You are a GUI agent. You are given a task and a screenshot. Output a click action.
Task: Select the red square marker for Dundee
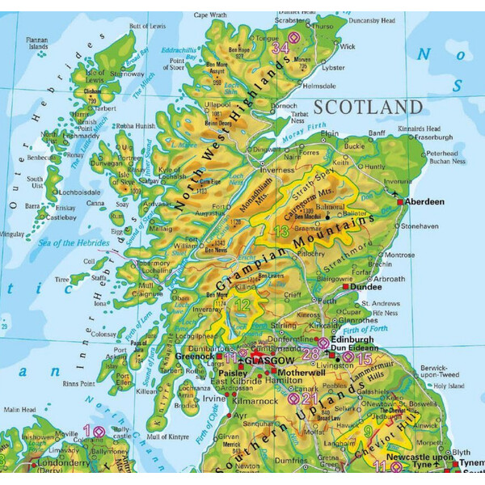click(346, 286)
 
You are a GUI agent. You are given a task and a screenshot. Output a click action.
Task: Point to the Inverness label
click(276, 170)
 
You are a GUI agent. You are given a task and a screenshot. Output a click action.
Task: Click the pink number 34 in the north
click(280, 48)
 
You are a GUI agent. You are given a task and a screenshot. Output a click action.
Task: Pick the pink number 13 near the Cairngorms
click(281, 233)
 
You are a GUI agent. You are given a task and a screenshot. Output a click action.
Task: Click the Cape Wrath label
click(210, 15)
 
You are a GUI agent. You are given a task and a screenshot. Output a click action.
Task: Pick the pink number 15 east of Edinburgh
click(364, 357)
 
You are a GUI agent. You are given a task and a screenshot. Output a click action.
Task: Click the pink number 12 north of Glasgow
click(242, 306)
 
